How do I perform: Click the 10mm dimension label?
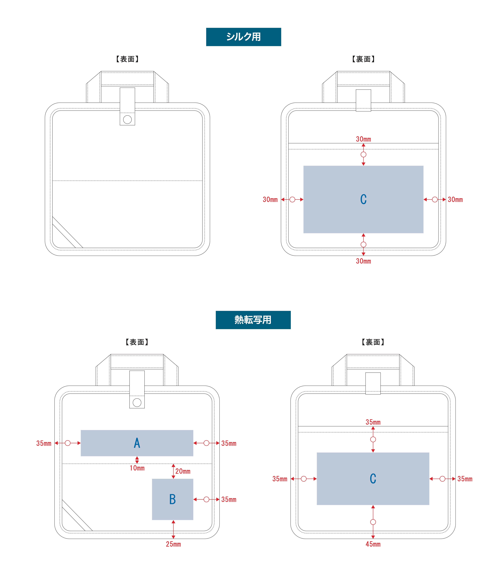(137, 468)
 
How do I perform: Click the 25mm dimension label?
(173, 544)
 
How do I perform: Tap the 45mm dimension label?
(373, 544)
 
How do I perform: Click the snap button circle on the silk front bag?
(127, 119)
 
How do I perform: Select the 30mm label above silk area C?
(364, 139)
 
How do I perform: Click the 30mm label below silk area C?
(364, 261)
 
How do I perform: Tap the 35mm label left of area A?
(44, 443)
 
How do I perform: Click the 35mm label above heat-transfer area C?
(373, 422)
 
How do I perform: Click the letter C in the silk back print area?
(364, 199)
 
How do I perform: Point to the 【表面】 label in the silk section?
(127, 59)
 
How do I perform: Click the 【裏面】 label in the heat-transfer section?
(373, 342)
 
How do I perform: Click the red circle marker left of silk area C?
(292, 200)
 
